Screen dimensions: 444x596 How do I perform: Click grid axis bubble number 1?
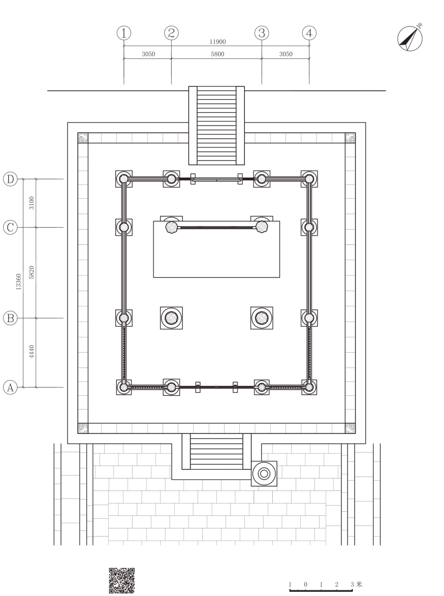coord(123,33)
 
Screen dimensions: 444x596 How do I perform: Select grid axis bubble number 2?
coord(171,33)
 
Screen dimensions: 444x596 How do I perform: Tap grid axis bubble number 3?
coord(262,33)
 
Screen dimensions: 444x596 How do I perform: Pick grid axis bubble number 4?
coord(309,33)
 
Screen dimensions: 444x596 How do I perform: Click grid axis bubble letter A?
coord(10,388)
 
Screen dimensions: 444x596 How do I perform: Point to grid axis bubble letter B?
coord(10,318)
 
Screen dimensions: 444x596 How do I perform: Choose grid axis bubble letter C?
coord(10,227)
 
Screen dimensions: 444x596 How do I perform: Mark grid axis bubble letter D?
coord(10,179)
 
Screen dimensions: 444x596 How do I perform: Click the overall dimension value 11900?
coord(217,42)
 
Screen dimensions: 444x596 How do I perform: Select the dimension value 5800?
coord(217,54)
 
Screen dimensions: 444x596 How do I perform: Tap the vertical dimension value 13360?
coord(19,281)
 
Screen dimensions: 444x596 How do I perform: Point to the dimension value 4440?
coord(32,351)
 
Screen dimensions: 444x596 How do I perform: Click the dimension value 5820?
coord(32,272)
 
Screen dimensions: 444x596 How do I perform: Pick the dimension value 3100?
coord(32,203)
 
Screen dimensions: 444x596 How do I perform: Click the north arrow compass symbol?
coord(410,39)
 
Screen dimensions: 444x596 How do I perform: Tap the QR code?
coord(121,581)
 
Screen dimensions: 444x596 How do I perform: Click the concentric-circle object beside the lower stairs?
coord(264,474)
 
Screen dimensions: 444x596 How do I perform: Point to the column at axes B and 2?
coord(171,318)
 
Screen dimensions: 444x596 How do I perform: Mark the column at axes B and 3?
coord(262,318)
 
